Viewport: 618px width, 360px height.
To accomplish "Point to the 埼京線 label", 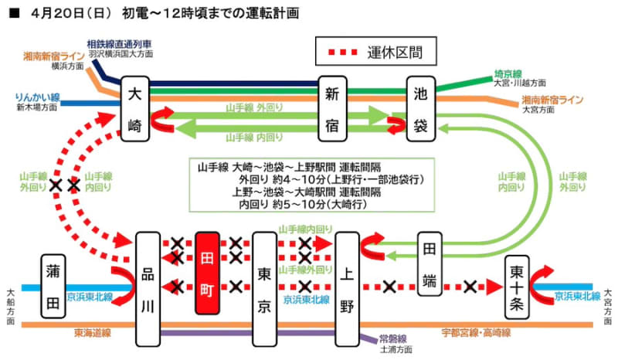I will tap(509, 74).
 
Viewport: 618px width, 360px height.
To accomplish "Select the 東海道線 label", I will tap(90, 334).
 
